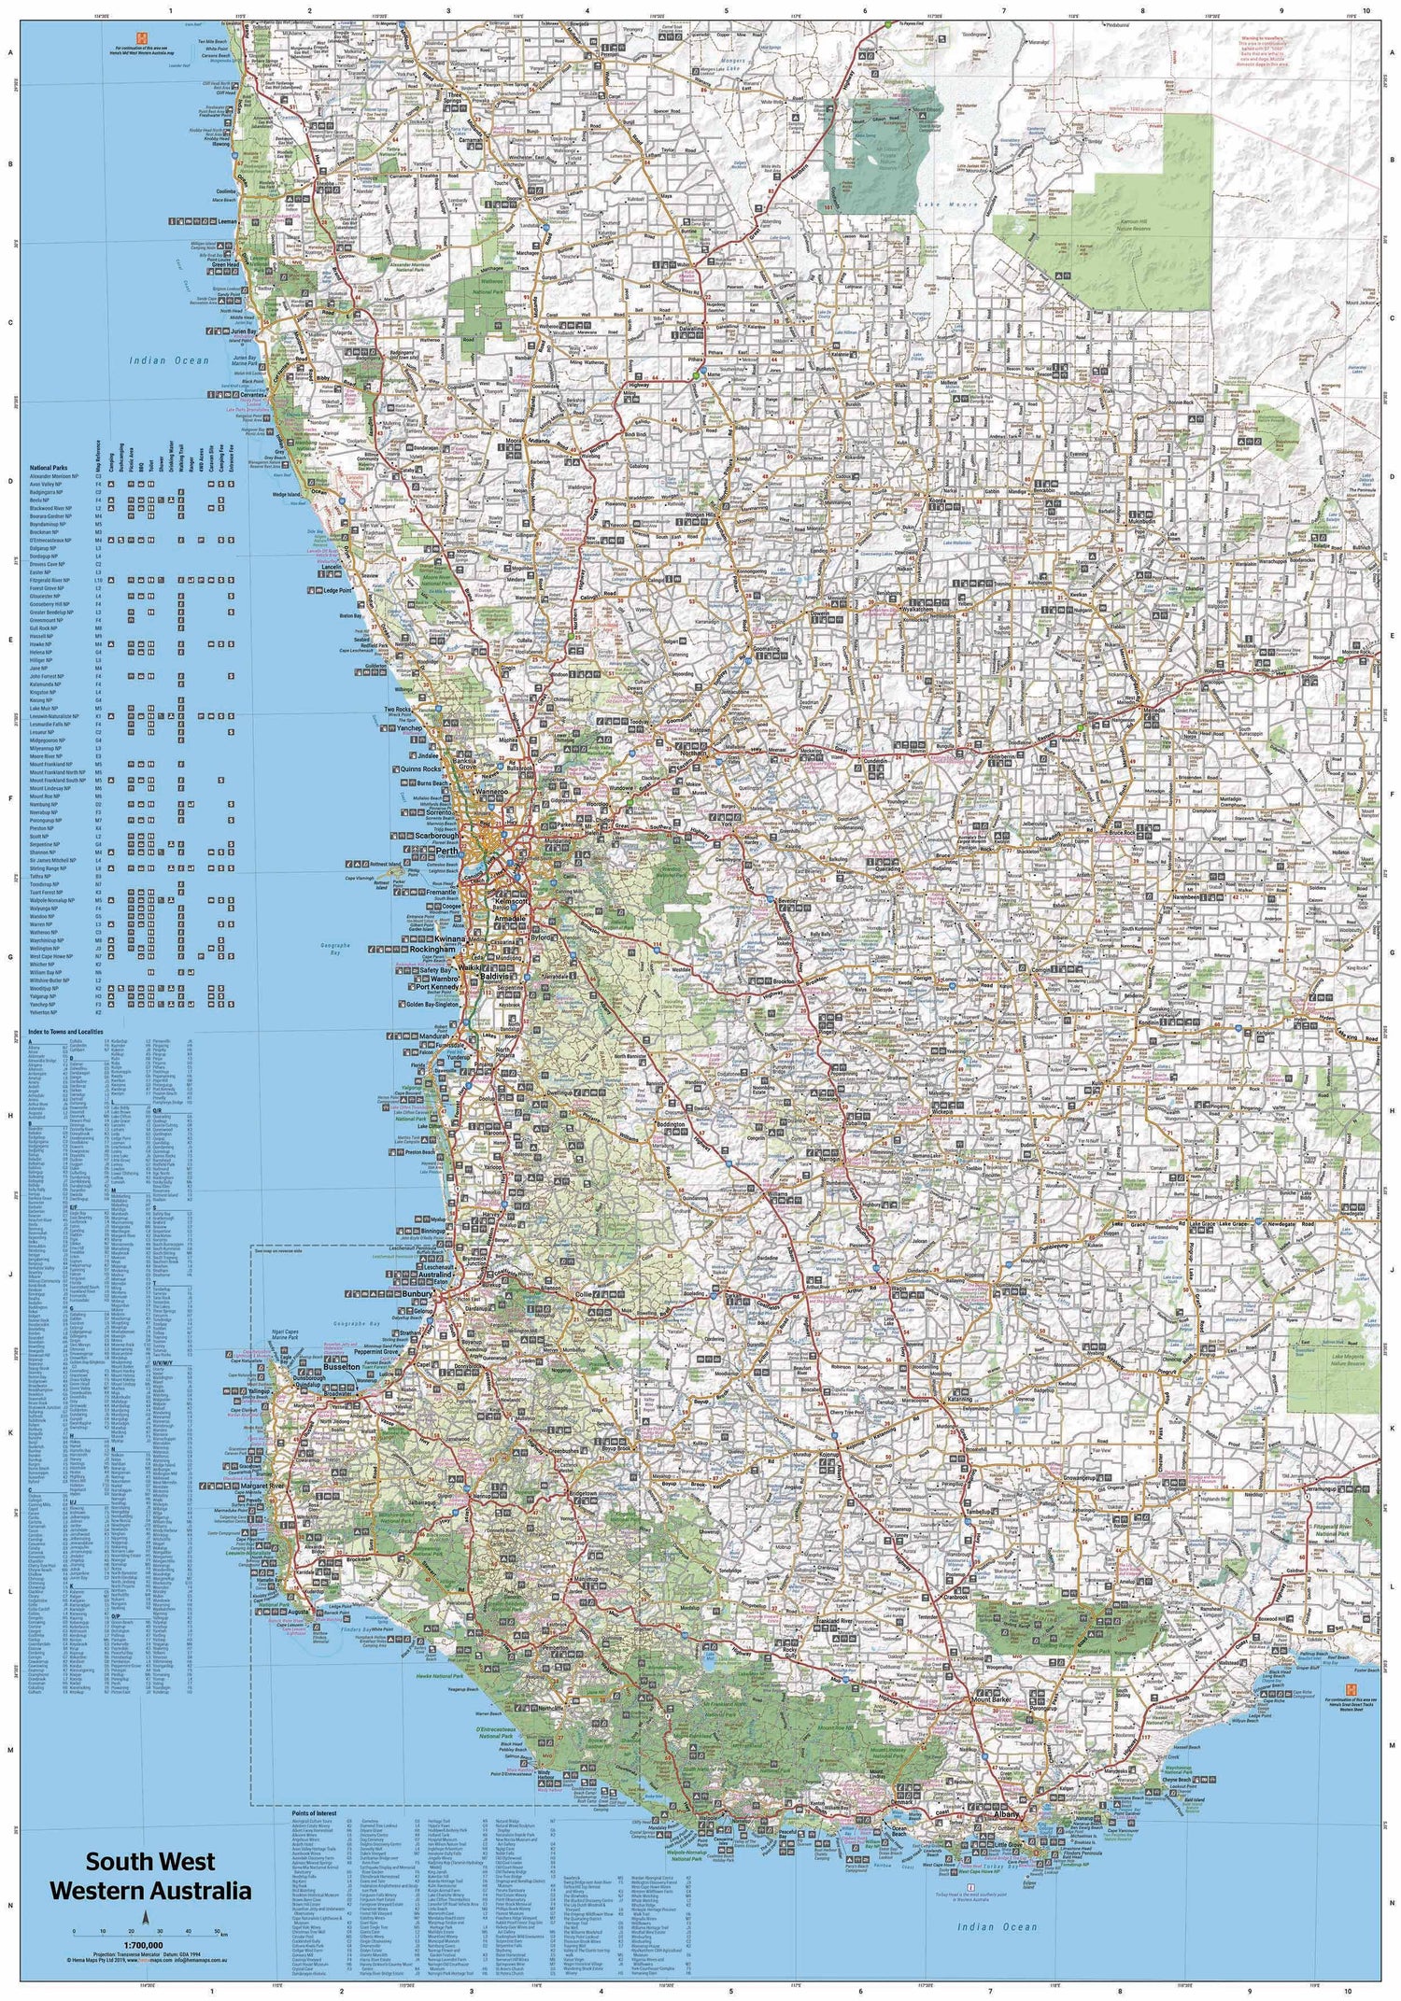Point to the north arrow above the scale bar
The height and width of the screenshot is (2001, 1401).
click(144, 1917)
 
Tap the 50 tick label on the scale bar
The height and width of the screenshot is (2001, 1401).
click(217, 1932)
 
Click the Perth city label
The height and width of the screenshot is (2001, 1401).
click(446, 852)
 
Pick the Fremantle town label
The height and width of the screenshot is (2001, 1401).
click(442, 893)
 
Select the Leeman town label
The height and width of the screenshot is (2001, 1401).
click(222, 222)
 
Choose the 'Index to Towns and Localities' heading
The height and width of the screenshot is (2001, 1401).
click(66, 1032)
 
